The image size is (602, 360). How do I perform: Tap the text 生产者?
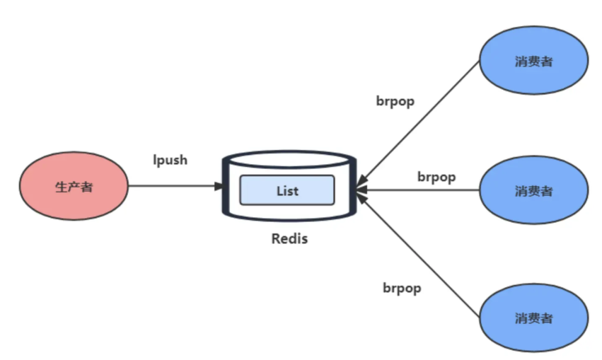click(74, 187)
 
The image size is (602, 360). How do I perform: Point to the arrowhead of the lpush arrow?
click(219, 187)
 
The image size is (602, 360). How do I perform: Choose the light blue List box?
click(286, 190)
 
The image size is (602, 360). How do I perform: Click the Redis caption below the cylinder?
click(289, 238)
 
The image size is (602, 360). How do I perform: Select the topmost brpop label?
click(395, 100)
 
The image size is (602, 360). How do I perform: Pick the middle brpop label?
click(436, 176)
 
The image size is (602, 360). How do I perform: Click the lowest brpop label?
click(402, 288)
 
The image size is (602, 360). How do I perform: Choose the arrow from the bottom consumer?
click(421, 257)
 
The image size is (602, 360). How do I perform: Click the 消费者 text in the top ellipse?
click(533, 62)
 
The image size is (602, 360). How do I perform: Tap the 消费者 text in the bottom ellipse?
click(533, 318)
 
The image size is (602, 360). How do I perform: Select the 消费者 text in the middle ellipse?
click(533, 191)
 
